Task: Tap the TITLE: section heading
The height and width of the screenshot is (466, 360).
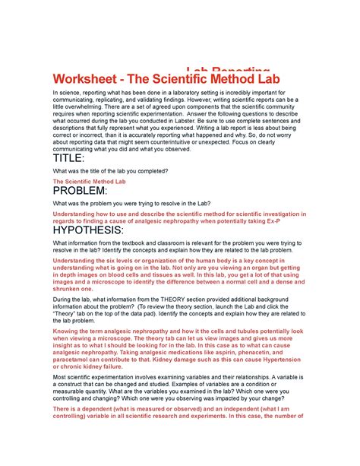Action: [x=72, y=158]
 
